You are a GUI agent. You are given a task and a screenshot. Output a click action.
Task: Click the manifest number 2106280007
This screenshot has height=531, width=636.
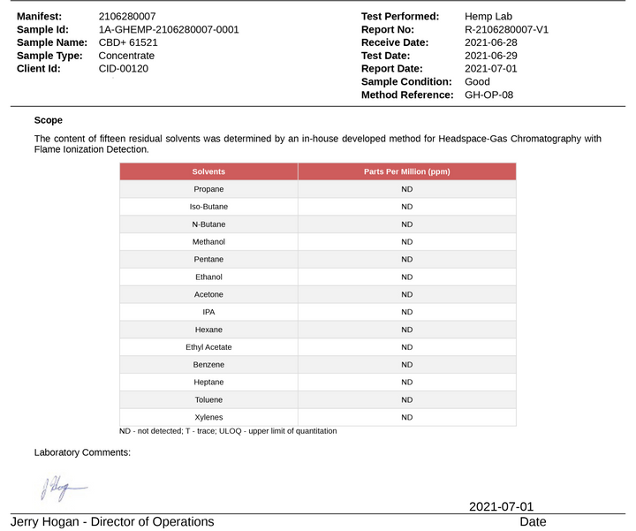point(127,17)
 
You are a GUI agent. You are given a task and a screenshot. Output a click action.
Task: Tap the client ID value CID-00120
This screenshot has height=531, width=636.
point(124,68)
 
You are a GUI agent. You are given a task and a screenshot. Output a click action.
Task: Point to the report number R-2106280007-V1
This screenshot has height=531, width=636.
point(506,29)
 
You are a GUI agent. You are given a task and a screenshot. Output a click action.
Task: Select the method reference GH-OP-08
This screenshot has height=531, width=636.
point(488,95)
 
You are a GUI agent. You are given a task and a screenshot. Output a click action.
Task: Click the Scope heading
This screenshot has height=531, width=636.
point(49,120)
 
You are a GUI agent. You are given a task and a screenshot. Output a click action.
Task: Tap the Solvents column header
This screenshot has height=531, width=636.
point(208,171)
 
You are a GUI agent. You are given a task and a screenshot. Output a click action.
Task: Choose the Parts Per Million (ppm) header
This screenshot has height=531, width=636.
point(407,171)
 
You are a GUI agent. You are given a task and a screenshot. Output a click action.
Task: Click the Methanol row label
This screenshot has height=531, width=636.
point(208,242)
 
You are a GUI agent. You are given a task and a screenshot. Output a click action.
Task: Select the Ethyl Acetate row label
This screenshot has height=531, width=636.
point(208,347)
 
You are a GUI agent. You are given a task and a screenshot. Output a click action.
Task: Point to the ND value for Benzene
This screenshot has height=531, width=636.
point(407,365)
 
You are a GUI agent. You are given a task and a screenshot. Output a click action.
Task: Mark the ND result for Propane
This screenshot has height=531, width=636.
point(407,189)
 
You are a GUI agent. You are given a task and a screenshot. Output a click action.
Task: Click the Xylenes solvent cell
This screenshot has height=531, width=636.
point(208,417)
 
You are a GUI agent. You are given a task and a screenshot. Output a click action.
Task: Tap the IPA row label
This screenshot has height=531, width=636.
point(208,312)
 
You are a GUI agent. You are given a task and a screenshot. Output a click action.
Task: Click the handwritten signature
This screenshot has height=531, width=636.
point(62,487)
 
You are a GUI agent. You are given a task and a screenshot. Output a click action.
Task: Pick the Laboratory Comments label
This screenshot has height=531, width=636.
point(82,452)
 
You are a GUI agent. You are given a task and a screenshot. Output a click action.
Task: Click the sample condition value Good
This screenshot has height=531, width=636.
point(477,81)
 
